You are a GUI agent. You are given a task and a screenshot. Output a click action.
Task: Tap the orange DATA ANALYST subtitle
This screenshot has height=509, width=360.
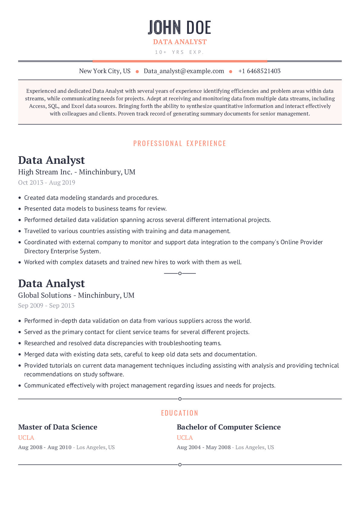coord(180,42)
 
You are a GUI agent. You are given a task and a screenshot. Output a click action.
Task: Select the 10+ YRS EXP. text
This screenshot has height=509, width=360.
coord(180,52)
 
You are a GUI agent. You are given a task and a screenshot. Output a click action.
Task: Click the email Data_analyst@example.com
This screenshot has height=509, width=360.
coord(184,71)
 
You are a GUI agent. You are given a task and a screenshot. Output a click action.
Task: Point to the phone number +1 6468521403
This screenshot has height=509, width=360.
coord(259,71)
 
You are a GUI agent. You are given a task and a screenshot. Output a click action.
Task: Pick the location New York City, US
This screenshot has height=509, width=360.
coord(105,71)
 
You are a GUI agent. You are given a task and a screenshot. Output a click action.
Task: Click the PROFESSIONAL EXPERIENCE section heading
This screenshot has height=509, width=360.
coord(180,143)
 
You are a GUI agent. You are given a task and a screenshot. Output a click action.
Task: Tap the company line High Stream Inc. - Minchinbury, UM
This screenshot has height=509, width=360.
coord(77,172)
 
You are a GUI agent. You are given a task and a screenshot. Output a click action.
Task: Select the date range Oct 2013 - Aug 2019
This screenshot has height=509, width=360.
coord(47,183)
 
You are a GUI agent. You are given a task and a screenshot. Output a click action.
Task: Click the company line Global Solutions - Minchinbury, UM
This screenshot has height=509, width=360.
coord(76,295)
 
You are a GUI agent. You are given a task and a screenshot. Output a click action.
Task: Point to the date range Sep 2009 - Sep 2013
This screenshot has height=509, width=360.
coord(46,306)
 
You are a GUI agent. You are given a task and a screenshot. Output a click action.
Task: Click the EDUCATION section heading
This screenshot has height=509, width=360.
coord(180,413)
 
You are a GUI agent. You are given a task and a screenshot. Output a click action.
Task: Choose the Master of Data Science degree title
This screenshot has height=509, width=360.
coord(58,427)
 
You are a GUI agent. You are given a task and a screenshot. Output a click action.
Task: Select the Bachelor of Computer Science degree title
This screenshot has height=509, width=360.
coord(229,427)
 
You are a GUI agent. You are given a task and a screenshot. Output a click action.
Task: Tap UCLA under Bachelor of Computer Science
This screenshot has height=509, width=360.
coord(185,438)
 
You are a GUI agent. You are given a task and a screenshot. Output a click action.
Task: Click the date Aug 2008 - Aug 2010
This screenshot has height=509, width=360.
coord(45,447)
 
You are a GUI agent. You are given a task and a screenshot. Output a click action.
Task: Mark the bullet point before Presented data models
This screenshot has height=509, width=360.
coord(20,209)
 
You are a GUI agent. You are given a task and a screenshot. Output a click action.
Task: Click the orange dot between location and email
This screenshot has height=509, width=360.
coord(137,72)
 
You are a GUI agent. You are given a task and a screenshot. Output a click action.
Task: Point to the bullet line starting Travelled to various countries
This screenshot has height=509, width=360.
coord(127,231)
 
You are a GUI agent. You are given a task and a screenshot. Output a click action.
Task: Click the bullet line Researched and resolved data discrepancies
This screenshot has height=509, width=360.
coord(123,343)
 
